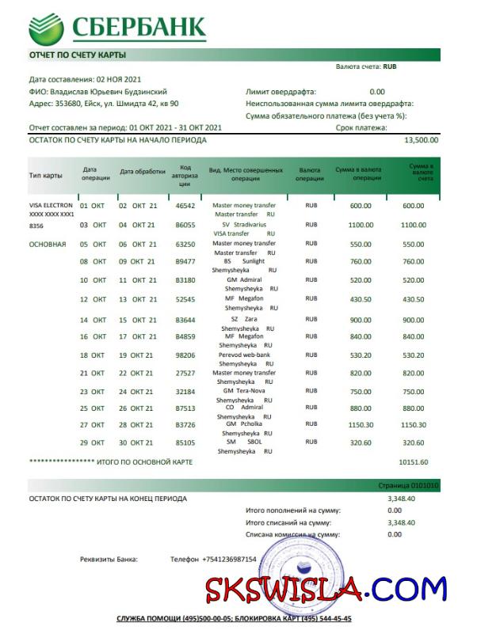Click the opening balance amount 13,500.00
click(421, 140)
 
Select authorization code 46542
click(185, 206)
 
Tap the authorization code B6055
click(185, 225)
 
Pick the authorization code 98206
click(185, 355)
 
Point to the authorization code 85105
click(185, 442)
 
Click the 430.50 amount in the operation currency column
click(361, 299)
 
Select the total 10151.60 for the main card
click(435, 461)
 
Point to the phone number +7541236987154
click(229, 560)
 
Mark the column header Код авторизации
click(185, 175)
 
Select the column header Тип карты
click(46, 175)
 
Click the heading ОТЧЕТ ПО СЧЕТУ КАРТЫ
click(78, 55)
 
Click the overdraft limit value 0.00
click(377, 92)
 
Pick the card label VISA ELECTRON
click(51, 206)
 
